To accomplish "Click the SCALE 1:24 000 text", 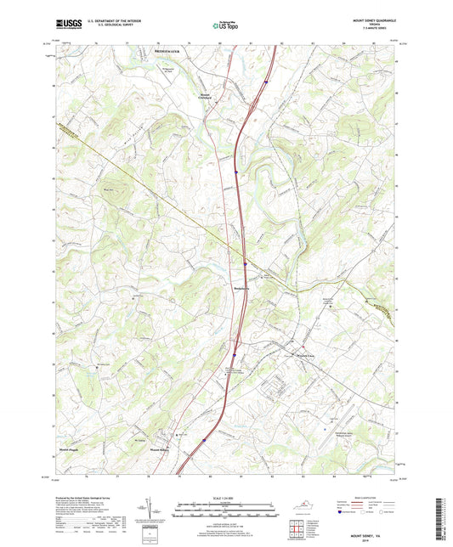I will click(x=226, y=497).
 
